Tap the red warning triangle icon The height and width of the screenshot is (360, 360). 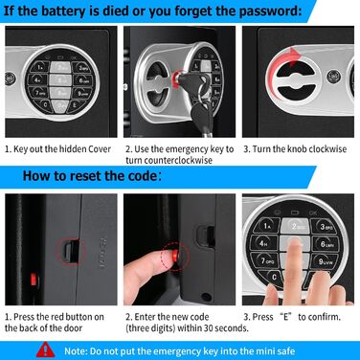(x=45, y=349)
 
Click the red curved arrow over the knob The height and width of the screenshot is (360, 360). (x=280, y=65)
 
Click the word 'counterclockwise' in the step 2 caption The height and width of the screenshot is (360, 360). (x=169, y=160)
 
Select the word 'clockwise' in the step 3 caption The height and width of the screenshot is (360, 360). (x=327, y=149)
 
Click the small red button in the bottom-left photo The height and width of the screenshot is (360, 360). (x=33, y=280)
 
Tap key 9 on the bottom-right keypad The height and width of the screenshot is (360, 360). (x=326, y=261)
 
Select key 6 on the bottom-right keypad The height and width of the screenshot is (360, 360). (x=326, y=244)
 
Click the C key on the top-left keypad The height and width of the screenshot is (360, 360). (x=45, y=104)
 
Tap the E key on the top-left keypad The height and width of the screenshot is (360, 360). (x=75, y=104)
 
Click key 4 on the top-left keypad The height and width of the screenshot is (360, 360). (x=37, y=79)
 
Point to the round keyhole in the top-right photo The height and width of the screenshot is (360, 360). (x=333, y=76)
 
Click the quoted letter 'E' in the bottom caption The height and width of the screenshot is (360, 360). (x=285, y=317)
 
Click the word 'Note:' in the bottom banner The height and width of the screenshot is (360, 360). (x=76, y=351)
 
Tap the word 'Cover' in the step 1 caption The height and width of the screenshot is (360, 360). (x=100, y=149)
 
